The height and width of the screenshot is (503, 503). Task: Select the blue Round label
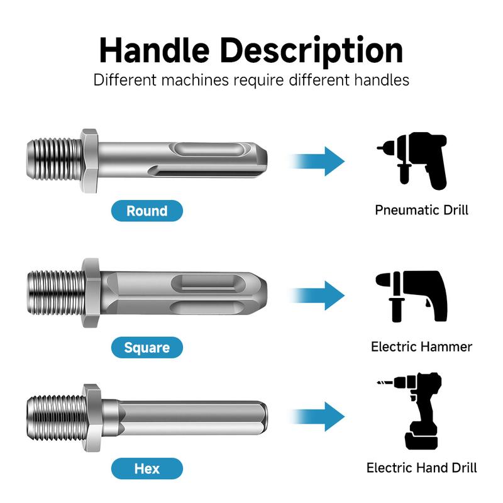146,211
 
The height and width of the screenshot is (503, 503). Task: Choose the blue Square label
146,347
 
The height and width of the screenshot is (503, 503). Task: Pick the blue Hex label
146,468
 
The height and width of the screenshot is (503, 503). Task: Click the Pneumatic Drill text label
421,210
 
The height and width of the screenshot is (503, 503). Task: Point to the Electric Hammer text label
421,346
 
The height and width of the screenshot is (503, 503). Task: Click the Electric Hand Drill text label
421,468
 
